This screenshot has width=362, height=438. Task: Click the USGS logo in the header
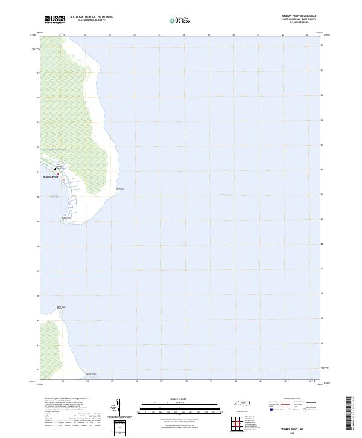pos(55,19)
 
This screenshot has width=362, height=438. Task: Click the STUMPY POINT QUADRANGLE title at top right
pos(298,16)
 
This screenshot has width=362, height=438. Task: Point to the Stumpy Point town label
pos(51,178)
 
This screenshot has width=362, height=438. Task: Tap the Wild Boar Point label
pos(61,308)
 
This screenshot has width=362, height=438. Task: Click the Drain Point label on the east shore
pos(119,189)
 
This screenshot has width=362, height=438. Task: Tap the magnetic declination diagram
pos(118,407)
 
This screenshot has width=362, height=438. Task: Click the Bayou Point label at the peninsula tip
pos(66,217)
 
